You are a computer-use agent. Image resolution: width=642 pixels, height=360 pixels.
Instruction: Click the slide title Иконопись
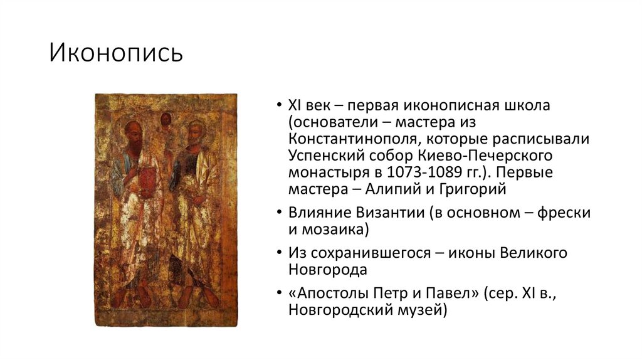click(x=117, y=53)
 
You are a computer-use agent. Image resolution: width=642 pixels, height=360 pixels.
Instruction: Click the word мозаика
click(x=334, y=229)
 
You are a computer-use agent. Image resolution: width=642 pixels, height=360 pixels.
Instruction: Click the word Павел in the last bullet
click(x=446, y=294)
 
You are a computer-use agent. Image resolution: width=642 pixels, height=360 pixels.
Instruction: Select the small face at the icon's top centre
click(x=166, y=119)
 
